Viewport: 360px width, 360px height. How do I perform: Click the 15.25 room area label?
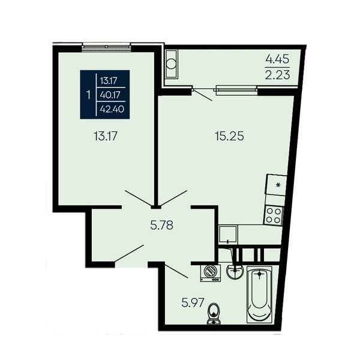[x=229, y=136]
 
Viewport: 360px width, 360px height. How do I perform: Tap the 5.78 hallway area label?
[x=162, y=225]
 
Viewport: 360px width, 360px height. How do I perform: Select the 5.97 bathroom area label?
[x=193, y=302]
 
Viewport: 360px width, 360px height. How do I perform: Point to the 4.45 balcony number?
[x=277, y=59]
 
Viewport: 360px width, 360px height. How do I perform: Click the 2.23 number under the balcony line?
[x=277, y=75]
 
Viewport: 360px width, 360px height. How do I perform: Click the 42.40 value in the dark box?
[x=112, y=109]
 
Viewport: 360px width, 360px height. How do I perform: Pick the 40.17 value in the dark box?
[x=110, y=94]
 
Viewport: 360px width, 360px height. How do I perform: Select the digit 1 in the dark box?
[x=89, y=95]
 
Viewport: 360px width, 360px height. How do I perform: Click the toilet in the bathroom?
[x=214, y=314]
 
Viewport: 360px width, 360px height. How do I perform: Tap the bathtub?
[x=259, y=295]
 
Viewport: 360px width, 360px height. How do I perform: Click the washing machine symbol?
[x=211, y=273]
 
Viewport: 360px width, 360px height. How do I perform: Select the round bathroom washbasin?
[x=235, y=272]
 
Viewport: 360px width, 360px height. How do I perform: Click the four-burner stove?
[x=274, y=215]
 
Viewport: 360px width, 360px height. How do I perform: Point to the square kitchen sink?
[x=228, y=234]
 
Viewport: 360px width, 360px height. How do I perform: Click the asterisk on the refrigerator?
[x=278, y=185]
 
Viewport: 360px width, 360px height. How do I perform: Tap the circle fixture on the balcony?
[x=171, y=64]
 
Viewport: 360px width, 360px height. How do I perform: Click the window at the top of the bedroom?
[x=107, y=47]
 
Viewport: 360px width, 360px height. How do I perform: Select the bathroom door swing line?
[x=176, y=271]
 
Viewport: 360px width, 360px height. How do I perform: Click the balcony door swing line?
[x=202, y=95]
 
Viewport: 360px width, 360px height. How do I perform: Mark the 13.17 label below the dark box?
[x=106, y=136]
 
